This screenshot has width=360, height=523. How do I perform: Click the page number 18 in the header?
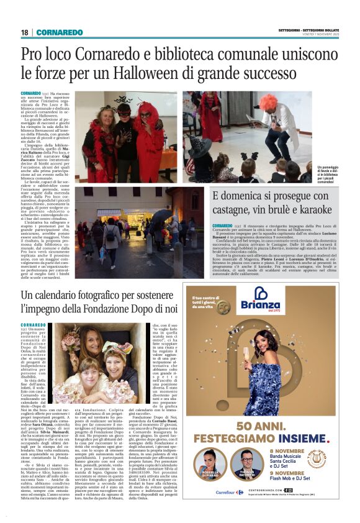click(x=24, y=32)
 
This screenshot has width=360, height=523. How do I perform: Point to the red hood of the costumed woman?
click(x=150, y=112)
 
